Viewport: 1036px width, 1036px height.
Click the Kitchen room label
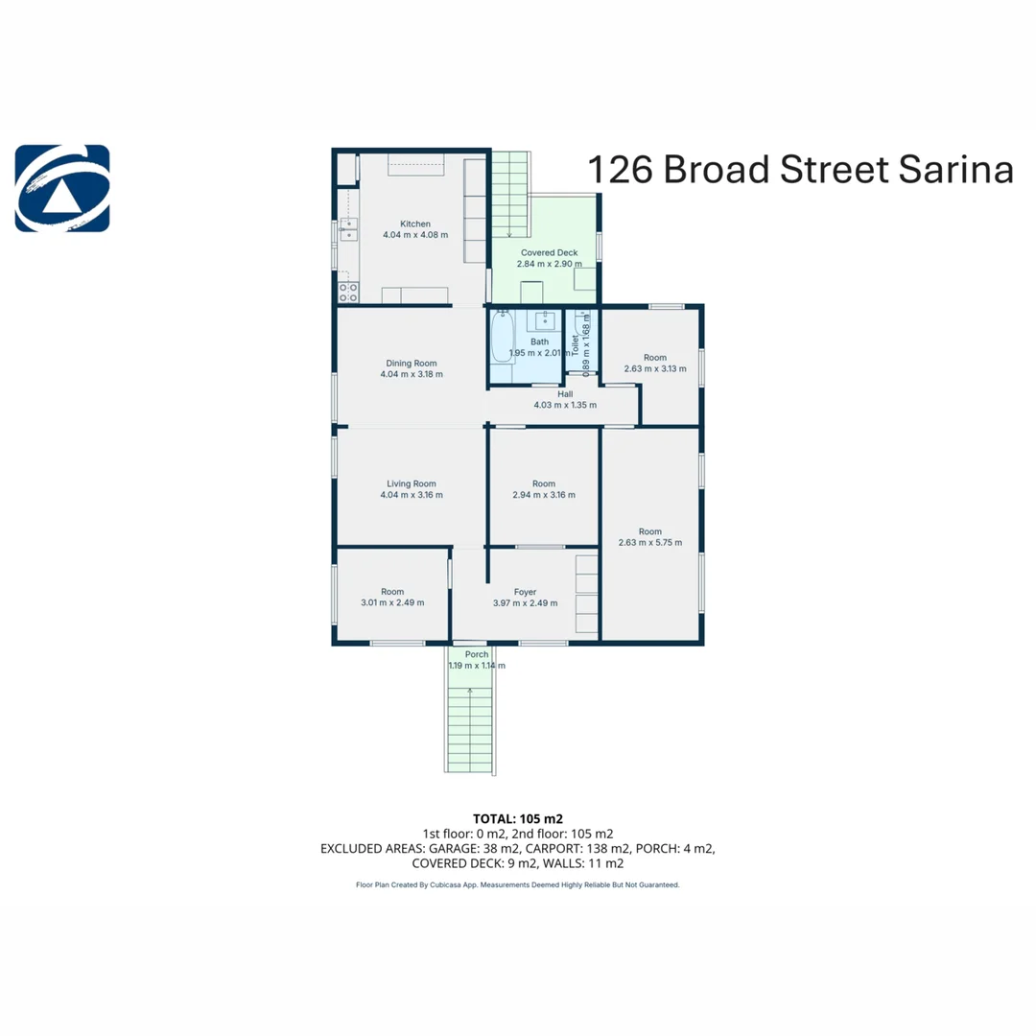pos(415,224)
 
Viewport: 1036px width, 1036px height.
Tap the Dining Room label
pos(411,364)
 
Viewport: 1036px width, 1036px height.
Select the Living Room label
pos(411,483)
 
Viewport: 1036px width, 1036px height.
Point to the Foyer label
pos(526,592)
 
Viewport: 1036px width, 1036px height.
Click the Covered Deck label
pos(549,252)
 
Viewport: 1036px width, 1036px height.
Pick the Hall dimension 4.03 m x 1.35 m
pos(565,405)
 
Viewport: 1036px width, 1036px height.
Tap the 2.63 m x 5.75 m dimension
pos(650,542)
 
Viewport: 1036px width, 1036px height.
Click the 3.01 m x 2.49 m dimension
pos(392,602)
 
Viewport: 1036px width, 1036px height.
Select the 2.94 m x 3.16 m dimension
pos(544,495)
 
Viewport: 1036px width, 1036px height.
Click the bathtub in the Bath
pos(503,336)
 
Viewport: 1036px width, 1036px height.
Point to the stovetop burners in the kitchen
pos(348,293)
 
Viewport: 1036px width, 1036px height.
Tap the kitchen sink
pos(348,229)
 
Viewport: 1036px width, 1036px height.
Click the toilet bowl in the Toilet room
pos(582,324)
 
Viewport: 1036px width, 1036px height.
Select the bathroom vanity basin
pos(545,320)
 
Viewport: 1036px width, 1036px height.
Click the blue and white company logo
pos(62,188)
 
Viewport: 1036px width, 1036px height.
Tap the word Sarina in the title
pos(955,169)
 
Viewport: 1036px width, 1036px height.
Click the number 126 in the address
pos(620,170)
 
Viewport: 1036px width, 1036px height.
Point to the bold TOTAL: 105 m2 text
pos(518,819)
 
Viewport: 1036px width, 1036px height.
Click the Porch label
pos(477,654)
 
